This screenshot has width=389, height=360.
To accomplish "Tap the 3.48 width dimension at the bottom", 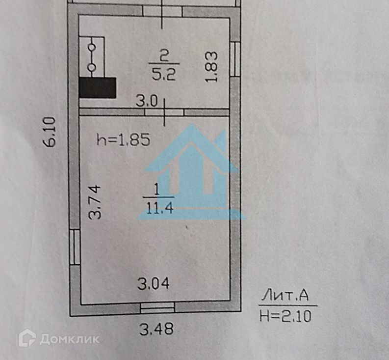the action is click(156, 329).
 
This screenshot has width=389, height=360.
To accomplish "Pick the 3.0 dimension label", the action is click(146, 102).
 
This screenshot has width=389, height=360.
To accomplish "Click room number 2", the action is click(164, 55).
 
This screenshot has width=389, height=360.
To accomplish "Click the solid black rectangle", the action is click(97, 87).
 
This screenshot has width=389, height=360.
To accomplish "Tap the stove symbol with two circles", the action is click(92, 57).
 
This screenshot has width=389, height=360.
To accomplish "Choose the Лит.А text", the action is click(285, 295).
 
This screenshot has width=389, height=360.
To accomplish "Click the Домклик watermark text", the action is click(69, 339).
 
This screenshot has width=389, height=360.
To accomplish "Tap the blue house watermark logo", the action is click(194, 172).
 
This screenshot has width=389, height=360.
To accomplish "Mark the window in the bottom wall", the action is click(157, 307).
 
